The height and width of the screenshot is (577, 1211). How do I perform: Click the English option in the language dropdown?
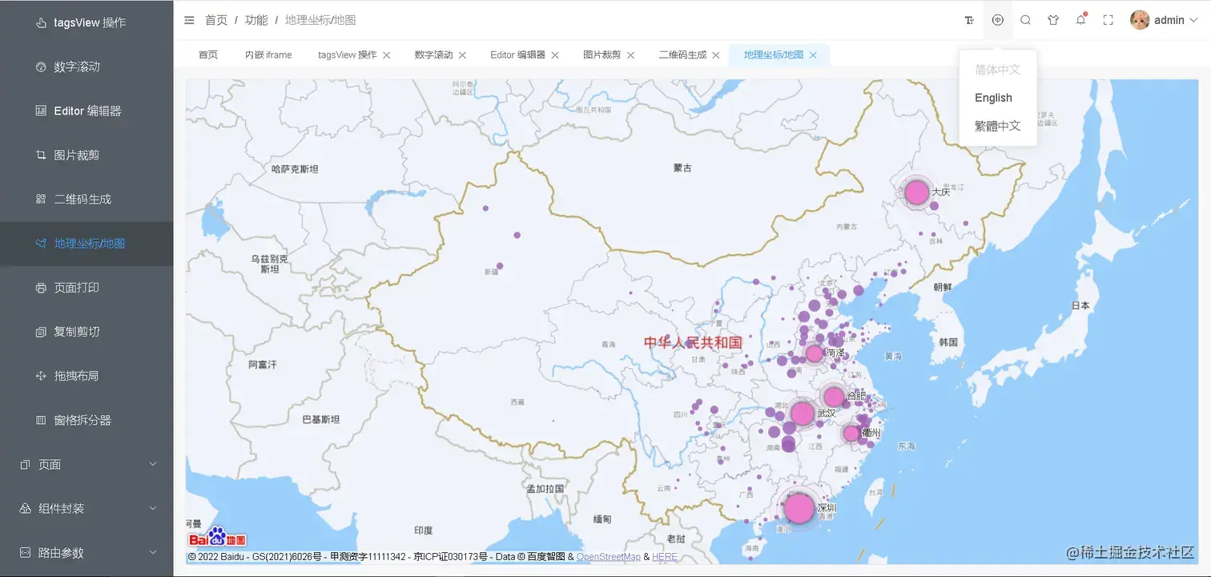point(993,98)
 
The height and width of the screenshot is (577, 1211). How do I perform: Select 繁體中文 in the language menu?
point(997,126)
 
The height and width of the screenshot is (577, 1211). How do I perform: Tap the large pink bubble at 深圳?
point(799,508)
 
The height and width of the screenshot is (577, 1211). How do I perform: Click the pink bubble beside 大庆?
point(916,192)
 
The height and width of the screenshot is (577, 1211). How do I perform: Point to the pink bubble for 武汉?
point(802,414)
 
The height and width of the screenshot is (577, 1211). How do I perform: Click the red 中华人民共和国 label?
point(693,342)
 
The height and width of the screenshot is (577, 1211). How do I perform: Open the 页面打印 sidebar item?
point(77,288)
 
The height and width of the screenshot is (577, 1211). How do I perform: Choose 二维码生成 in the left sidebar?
point(82,200)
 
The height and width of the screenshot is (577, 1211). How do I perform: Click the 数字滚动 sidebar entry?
point(77,67)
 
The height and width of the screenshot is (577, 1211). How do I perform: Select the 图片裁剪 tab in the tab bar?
point(601,55)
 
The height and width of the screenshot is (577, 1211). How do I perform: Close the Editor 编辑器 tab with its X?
point(555,55)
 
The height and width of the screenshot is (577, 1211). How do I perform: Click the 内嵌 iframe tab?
point(268,55)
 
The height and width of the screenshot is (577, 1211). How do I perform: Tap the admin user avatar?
point(1140,20)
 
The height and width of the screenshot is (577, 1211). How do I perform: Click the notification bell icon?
point(1080,20)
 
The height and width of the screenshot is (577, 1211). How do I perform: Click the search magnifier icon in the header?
point(1025,20)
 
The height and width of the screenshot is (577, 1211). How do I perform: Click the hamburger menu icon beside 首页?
point(189,20)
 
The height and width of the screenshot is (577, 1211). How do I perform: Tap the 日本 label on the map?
point(1080,305)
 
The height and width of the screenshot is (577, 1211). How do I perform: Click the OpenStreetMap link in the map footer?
point(608,557)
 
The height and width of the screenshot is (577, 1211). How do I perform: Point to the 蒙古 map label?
point(682,168)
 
